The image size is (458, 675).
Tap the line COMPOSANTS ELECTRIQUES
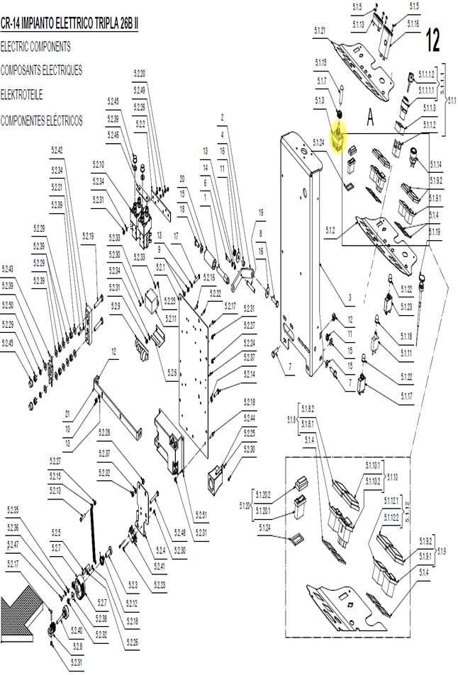[41, 71]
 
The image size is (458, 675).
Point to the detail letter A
[369, 118]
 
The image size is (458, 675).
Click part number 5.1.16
[413, 23]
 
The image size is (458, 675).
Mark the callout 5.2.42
[57, 150]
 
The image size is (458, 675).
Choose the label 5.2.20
[140, 74]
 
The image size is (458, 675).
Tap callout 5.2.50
[8, 305]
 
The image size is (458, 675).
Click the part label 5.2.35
[13, 510]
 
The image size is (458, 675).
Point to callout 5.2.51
[201, 514]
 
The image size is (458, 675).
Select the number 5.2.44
[250, 419]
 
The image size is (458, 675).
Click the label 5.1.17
[407, 396]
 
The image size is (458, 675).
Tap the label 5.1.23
[406, 307]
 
